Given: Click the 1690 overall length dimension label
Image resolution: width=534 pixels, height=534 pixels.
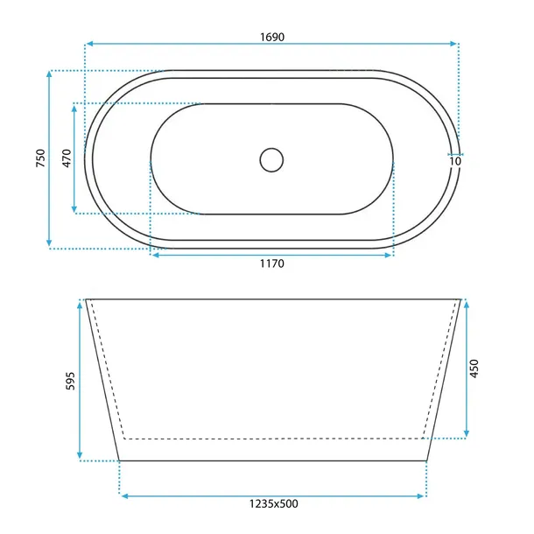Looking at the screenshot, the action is [272, 37].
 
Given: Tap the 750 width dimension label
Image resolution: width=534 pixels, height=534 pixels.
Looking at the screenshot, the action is [40, 158].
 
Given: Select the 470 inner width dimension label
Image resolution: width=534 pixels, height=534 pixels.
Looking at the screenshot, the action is [67, 158].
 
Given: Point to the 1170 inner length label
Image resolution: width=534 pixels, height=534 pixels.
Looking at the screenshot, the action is [272, 263].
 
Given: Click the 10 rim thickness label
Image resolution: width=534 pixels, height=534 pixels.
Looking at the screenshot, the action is [455, 161].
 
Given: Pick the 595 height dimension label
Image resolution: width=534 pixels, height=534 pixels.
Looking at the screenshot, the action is [69, 381].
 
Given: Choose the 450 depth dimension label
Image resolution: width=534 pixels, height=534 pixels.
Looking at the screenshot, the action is [474, 369].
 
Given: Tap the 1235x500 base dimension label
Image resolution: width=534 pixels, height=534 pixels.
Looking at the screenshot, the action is [274, 503].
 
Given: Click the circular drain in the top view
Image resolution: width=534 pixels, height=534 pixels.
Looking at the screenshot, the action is [271, 159].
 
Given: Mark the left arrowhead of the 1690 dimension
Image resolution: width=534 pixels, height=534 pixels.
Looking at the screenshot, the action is [89, 44].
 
